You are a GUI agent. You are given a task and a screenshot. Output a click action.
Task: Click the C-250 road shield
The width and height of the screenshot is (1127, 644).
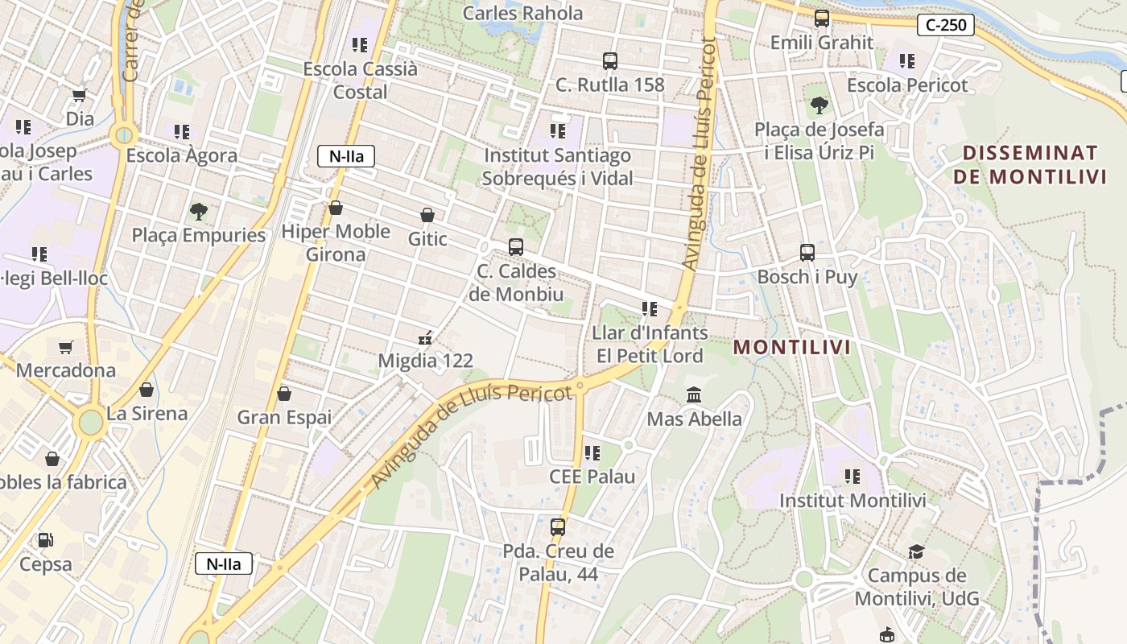946,25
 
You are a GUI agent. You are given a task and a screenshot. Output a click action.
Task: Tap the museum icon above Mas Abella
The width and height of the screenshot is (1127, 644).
694,395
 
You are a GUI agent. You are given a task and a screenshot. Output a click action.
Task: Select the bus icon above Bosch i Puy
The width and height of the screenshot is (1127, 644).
807,253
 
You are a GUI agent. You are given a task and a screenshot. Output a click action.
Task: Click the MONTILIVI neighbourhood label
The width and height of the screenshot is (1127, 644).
793,348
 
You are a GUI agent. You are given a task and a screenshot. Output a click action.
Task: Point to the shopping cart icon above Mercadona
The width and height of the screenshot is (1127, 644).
66,348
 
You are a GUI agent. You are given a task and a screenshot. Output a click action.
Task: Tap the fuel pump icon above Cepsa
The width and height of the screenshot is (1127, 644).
46,540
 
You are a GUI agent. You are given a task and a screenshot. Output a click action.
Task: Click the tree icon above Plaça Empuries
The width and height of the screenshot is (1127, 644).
198,212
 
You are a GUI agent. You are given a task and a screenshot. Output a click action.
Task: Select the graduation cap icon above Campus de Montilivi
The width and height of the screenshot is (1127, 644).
916,552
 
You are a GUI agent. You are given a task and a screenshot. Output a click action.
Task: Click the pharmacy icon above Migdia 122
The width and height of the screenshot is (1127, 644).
426,338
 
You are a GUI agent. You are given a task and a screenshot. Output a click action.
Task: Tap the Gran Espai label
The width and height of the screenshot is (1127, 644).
284,417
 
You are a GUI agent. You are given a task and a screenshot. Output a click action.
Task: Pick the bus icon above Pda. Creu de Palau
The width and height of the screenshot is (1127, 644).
558,528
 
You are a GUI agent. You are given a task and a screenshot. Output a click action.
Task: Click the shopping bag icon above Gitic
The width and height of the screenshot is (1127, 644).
427,216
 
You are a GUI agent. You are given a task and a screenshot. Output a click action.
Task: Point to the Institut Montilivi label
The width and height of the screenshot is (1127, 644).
852,501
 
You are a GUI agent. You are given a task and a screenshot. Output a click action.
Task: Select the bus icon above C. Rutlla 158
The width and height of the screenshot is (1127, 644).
610,61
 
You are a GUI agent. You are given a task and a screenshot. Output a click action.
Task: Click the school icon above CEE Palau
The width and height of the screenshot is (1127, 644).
592,453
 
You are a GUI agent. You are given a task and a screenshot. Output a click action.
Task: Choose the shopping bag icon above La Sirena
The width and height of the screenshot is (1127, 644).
147,390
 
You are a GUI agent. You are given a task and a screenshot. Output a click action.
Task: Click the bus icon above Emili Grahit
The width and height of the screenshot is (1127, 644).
822,19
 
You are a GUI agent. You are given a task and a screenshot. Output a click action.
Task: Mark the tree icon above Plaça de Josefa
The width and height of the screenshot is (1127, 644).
819,105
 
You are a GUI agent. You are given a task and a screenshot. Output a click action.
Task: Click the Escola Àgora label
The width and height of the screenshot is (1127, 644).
182,155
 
